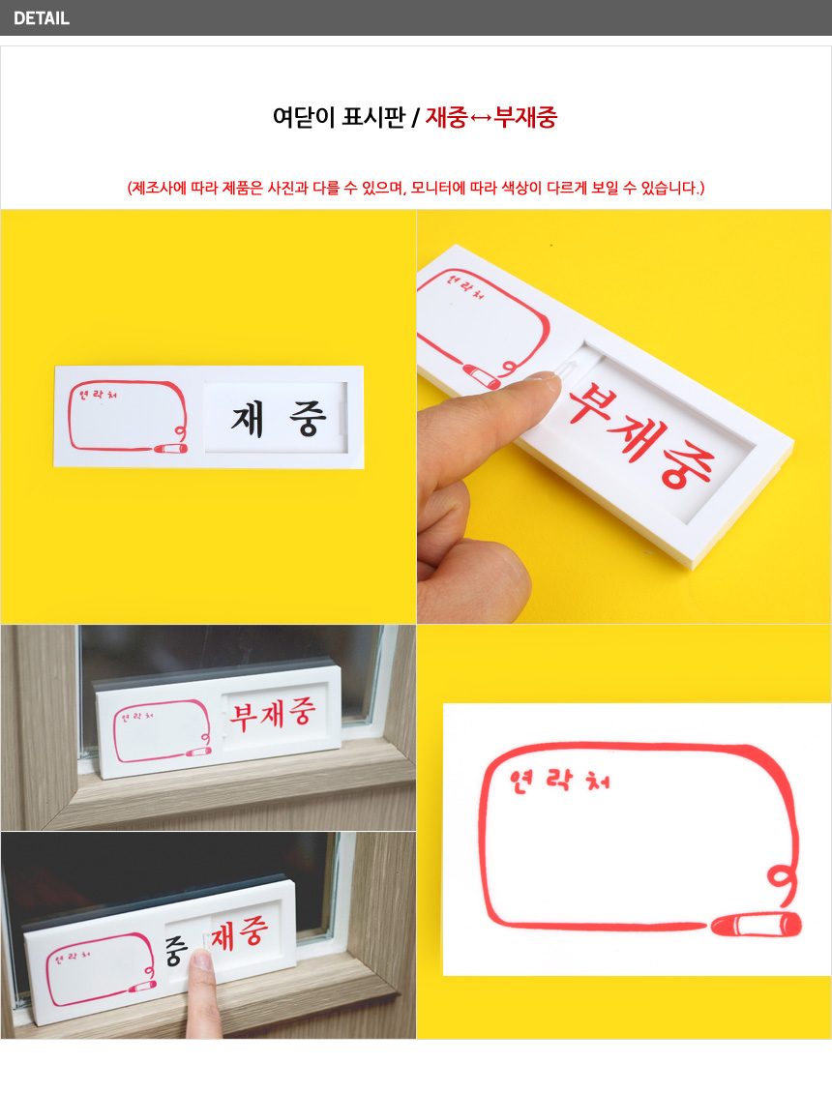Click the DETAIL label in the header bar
(x=42, y=18)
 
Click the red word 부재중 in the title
(x=525, y=117)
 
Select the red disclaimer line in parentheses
(x=416, y=188)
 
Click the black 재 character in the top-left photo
(x=248, y=420)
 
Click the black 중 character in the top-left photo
(x=308, y=419)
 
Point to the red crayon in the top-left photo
(x=170, y=448)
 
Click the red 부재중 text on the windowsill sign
(x=274, y=714)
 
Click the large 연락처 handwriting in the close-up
(x=559, y=781)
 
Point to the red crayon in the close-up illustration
(x=756, y=925)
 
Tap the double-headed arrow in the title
(x=481, y=118)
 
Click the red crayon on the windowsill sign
(x=198, y=753)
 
